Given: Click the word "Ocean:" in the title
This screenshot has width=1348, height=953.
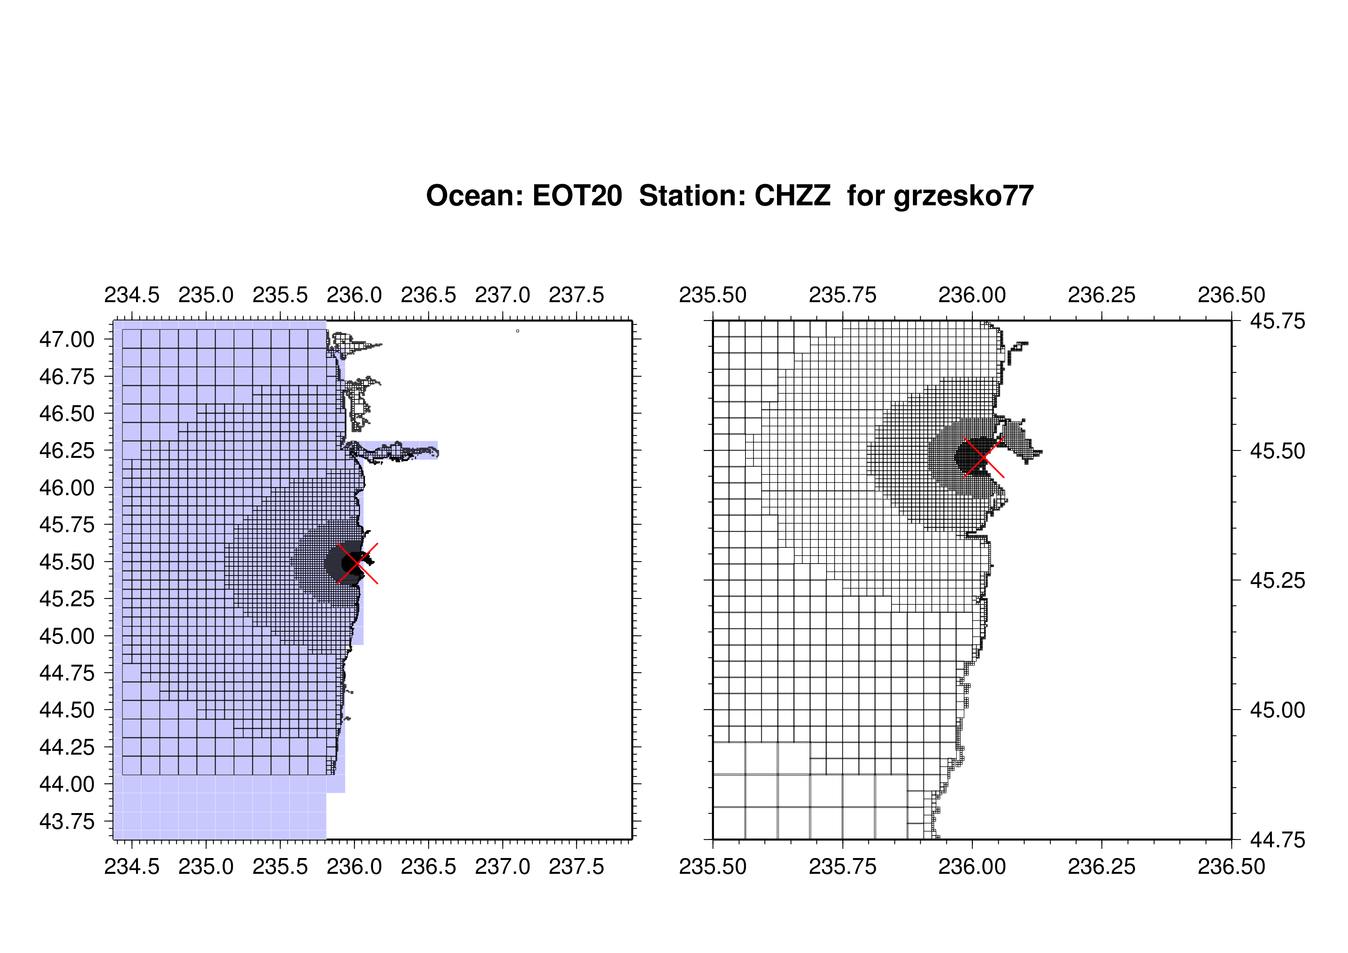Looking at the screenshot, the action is [x=475, y=196].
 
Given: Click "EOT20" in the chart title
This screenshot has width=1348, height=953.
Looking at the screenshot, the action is [x=577, y=196].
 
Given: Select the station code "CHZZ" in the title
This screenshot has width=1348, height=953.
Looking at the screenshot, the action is [x=793, y=196].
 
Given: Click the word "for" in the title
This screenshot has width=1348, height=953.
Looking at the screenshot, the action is [x=866, y=196].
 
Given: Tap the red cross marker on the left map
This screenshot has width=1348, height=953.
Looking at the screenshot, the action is [x=357, y=563].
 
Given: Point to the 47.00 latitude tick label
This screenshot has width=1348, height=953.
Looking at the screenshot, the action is [x=66, y=339].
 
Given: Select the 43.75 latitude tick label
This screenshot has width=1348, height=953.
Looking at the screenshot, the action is [x=66, y=822].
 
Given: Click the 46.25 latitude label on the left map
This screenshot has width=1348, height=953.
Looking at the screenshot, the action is [x=66, y=451].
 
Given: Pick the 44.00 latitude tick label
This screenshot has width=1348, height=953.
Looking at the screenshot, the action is [x=66, y=784].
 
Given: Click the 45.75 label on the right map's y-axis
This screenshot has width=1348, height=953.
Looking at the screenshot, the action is [x=1278, y=321].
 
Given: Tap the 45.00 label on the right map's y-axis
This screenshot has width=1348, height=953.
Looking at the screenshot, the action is [x=1278, y=710].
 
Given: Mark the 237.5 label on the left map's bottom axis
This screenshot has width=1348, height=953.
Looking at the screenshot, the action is [x=576, y=866].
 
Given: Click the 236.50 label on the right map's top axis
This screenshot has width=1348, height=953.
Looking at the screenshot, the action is [x=1231, y=295].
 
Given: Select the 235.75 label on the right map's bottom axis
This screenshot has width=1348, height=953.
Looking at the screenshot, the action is [x=842, y=866].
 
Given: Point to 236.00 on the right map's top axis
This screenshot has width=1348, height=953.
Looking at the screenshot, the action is [x=972, y=295].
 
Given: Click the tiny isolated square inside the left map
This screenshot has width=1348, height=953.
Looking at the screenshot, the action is [x=517, y=331].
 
